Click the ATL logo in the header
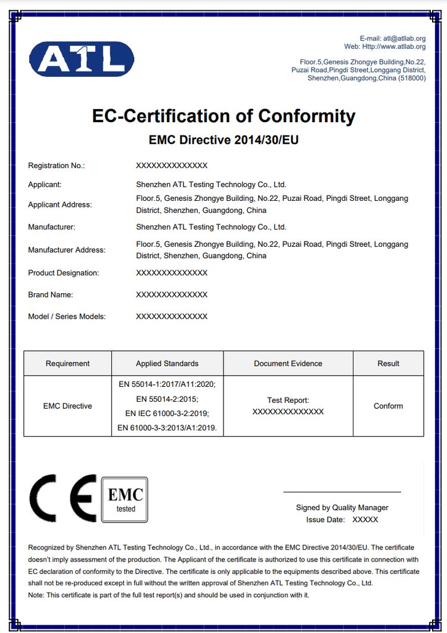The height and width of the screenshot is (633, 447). click(x=82, y=59)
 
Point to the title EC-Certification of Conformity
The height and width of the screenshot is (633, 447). click(x=223, y=116)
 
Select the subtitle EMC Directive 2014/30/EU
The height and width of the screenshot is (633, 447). click(x=223, y=141)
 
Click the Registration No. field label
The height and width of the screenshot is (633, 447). click(x=57, y=165)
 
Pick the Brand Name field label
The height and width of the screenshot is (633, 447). click(x=50, y=294)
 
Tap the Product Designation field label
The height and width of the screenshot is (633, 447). click(x=63, y=272)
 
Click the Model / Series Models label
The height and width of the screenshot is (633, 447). click(x=67, y=316)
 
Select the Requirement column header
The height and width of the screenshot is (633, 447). click(x=67, y=364)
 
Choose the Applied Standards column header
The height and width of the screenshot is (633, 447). click(x=167, y=364)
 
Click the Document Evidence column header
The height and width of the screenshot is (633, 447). click(x=288, y=364)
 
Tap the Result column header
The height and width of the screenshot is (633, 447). click(x=388, y=364)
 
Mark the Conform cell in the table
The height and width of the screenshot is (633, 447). click(x=388, y=406)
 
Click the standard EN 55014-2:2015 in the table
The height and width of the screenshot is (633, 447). click(x=167, y=399)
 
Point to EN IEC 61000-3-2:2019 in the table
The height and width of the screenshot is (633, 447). click(x=167, y=413)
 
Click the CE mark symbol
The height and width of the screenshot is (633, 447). click(x=63, y=498)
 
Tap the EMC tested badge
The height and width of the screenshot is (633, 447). click(x=125, y=499)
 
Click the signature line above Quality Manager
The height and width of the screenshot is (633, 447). click(x=342, y=492)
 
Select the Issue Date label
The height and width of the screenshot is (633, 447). click(x=325, y=520)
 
